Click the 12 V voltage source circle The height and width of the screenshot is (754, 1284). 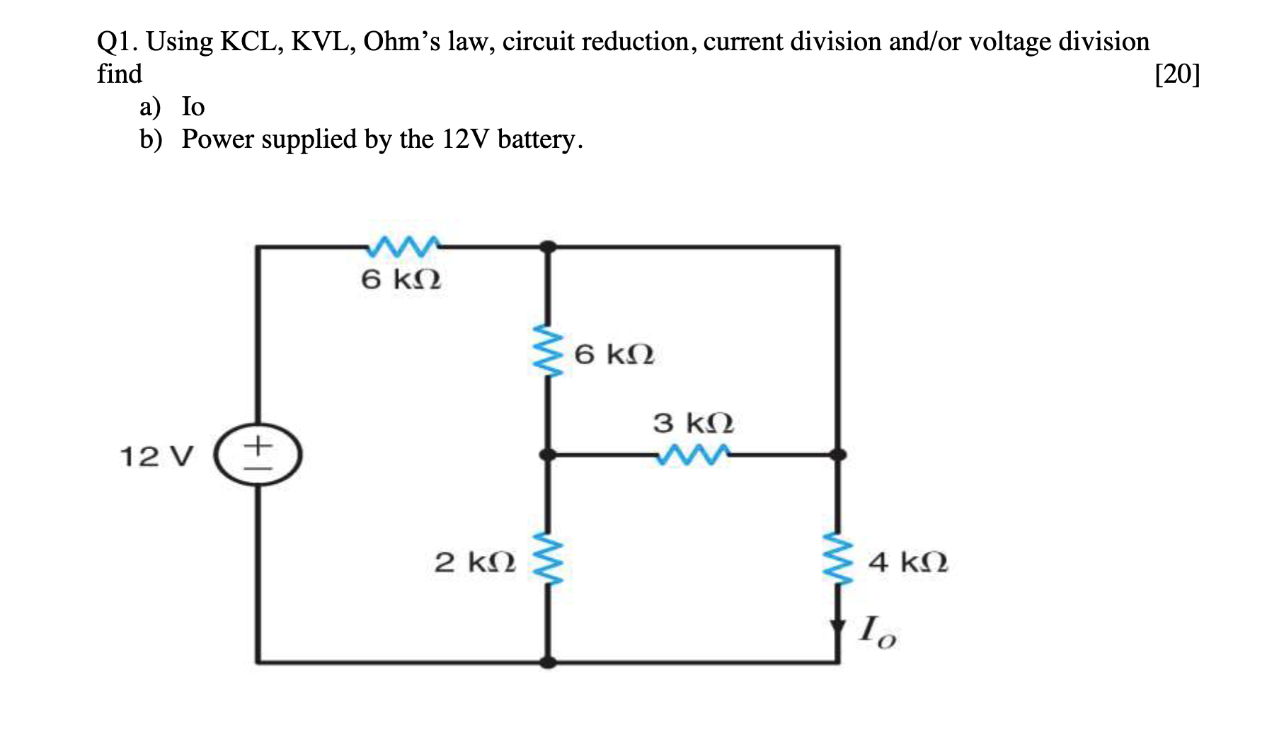coord(258,456)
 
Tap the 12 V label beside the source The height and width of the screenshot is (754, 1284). coord(156,457)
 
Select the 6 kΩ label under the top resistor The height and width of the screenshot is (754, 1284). coord(401,280)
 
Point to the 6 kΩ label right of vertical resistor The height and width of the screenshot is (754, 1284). coord(614,354)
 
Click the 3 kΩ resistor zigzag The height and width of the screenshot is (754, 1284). coord(692,455)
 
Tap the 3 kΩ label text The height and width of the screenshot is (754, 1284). coord(693,424)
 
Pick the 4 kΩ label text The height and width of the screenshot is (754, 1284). coord(908,563)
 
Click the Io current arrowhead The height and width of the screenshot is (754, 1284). coord(838,627)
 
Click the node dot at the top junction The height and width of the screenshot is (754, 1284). coord(548,247)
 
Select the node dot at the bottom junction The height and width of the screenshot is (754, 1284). coord(548,662)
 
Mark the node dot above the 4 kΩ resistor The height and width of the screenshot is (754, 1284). coord(838,455)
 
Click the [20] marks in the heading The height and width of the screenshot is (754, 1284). coord(1177,74)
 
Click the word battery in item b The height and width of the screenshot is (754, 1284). coord(540,139)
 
